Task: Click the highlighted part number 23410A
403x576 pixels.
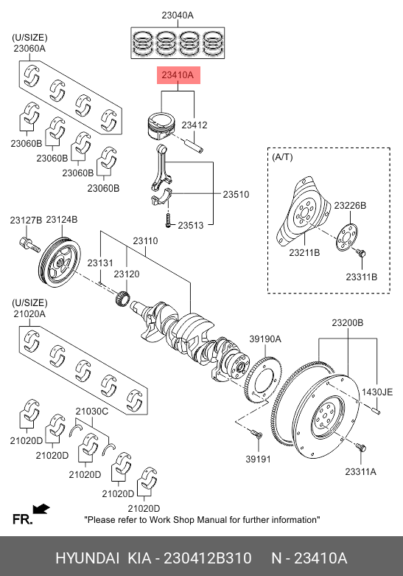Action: coord(178,75)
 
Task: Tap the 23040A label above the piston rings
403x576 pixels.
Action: coord(178,15)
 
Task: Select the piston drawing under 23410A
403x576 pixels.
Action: coord(161,125)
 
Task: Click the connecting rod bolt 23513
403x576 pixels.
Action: coord(168,220)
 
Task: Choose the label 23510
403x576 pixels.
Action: coord(236,194)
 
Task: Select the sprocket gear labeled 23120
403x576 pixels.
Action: coord(122,298)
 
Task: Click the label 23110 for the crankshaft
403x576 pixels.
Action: coord(145,241)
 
